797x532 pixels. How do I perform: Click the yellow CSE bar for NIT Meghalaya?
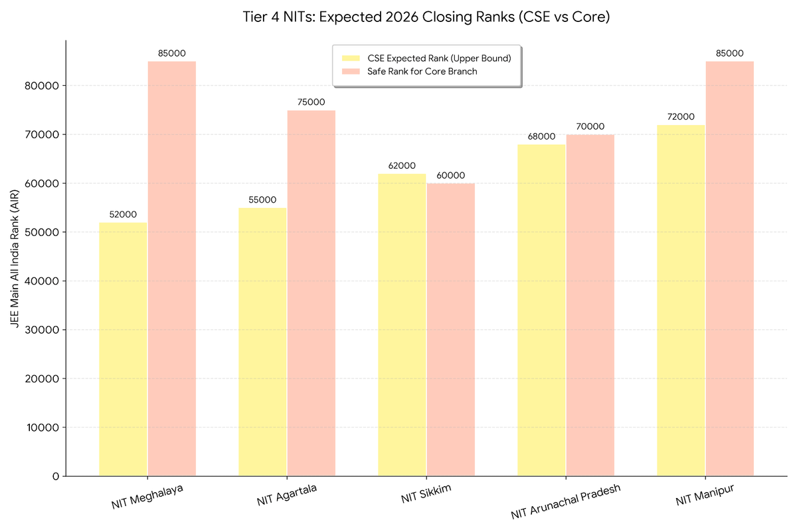tap(124, 349)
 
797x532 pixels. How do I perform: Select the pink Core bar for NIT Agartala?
tap(311, 293)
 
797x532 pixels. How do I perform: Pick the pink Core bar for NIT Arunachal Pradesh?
tap(590, 305)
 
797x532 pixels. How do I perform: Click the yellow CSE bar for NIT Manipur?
tap(681, 300)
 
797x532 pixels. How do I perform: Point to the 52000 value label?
tap(124, 214)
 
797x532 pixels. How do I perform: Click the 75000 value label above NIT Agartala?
tap(311, 102)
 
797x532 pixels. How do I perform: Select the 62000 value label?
tap(402, 166)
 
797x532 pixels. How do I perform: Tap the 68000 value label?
tap(542, 136)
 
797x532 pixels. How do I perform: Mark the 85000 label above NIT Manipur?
tap(729, 53)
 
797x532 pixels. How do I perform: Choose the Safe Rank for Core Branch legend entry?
tap(422, 72)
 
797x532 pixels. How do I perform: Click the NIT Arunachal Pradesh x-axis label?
tap(565, 501)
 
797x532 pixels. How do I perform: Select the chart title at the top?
tap(426, 18)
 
